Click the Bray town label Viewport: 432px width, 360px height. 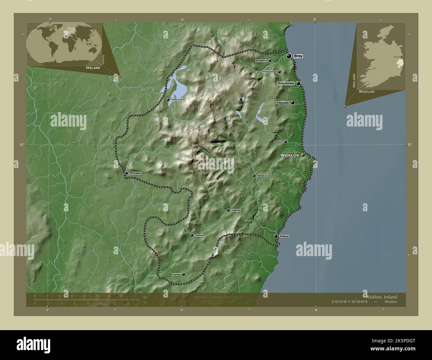[x=298, y=56]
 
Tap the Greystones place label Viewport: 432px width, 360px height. [x=286, y=83]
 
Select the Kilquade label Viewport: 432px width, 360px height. [x=283, y=103]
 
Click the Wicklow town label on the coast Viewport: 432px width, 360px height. [x=290, y=155]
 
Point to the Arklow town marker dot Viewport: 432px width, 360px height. [x=276, y=236]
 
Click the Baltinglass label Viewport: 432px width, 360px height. [x=135, y=173]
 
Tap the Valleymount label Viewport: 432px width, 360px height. [x=177, y=100]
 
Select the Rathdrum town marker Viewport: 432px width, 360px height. [x=254, y=176]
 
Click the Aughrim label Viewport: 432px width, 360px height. [x=235, y=210]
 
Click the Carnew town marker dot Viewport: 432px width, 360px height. [x=183, y=275]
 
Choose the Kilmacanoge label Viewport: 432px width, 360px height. [x=270, y=72]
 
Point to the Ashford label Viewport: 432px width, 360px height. [x=278, y=142]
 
